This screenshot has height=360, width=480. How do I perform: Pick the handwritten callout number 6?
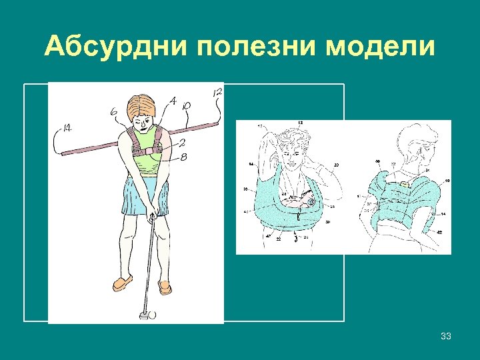(x=115, y=114)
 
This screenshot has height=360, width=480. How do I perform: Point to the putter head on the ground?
(x=143, y=312)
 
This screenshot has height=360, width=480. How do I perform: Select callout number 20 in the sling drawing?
(x=336, y=164)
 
